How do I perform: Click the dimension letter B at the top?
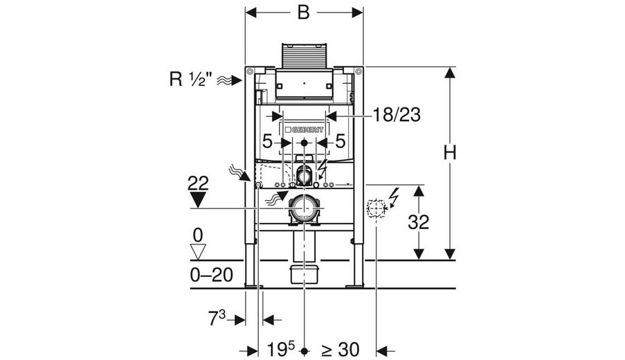303,12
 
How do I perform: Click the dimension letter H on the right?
450,153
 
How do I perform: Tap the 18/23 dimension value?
397,115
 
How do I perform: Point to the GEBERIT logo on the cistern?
304,130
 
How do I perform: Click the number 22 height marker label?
198,183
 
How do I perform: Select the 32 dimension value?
418,222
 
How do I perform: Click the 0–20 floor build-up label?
211,275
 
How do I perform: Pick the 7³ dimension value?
217,318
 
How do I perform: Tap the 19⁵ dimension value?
281,350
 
